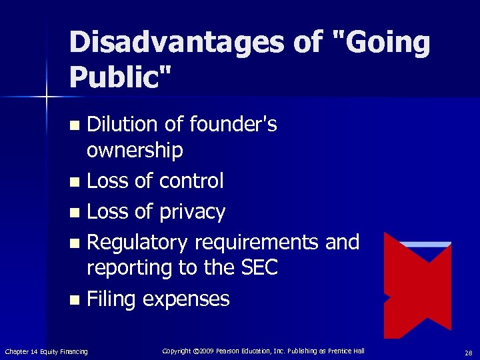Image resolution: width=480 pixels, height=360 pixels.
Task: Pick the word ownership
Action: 135,151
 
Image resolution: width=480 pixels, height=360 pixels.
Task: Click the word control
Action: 193,181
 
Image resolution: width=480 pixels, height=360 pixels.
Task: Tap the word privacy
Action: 193,212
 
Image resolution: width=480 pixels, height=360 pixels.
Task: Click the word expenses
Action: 186,299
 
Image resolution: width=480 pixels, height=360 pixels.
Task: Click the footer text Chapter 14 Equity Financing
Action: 46,351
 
